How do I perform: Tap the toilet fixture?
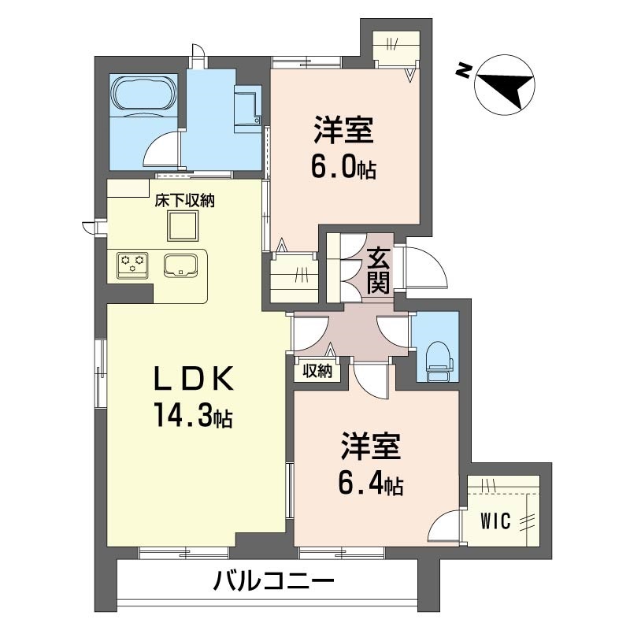tap(439, 361)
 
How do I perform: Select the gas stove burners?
tap(132, 265)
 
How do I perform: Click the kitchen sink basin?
tap(180, 266)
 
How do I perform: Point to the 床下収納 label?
tap(185, 201)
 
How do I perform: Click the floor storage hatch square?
tap(183, 226)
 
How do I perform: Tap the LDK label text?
tap(194, 379)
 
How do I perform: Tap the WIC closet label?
tap(495, 521)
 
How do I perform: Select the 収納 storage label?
tap(317, 371)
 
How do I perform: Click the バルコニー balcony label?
tap(273, 581)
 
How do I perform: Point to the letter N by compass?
tap(463, 71)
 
